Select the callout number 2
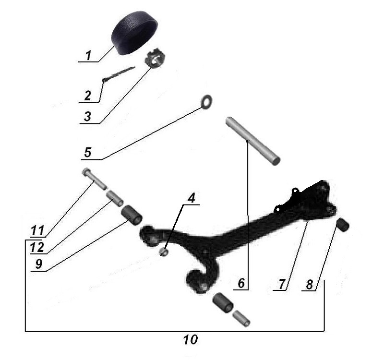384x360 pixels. (87, 95)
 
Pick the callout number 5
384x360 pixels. (87, 153)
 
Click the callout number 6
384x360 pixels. (241, 284)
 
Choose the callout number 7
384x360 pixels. (281, 284)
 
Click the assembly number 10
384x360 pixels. (190, 340)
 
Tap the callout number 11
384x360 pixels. (36, 231)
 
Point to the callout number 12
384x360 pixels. (36, 247)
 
